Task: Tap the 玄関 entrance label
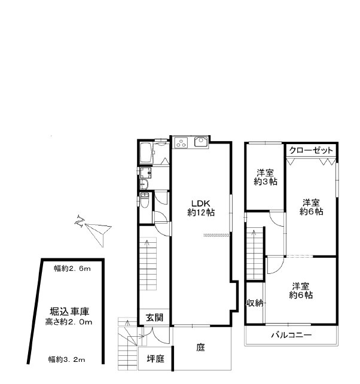(154, 318)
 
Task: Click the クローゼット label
(310, 150)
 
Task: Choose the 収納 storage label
(255, 303)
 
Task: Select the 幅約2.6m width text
(72, 269)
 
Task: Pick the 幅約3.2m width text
(66, 359)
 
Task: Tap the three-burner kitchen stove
(181, 142)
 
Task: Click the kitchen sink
(200, 142)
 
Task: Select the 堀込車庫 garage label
(69, 312)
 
